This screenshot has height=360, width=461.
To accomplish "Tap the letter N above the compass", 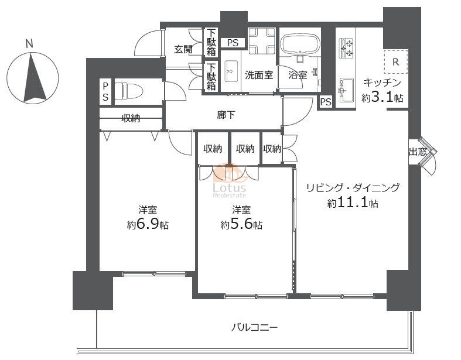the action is coord(29,44).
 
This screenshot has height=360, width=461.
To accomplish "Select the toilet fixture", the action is coord(129,91).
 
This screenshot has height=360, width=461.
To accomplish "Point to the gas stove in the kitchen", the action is coord(347,48).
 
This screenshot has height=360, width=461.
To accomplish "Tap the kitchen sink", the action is coord(347,90).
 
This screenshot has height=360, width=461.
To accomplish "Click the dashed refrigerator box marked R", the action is coord(396,61).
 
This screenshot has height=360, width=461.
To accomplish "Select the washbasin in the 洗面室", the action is coord(231,71).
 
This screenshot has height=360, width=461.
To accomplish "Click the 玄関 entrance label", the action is coord(183,49).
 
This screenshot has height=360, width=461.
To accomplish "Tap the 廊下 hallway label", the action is coord(226,115).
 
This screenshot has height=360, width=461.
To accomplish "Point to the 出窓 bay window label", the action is coord(418,152).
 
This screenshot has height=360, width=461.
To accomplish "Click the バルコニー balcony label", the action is coord(254,327).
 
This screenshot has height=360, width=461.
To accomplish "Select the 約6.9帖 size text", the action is coord(148,225).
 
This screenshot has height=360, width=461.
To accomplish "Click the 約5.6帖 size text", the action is coord(241,225).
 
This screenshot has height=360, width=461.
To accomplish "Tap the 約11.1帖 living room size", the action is coord(353,203).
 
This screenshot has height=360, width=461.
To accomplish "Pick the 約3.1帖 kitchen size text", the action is coord(382,98).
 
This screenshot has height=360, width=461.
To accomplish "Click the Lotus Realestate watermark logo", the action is coord(229,180).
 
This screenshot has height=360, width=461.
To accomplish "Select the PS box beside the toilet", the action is coord(105,92).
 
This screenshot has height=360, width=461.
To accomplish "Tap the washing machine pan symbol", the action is coord(262,41).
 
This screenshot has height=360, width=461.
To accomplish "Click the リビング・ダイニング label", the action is coord(353,187).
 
